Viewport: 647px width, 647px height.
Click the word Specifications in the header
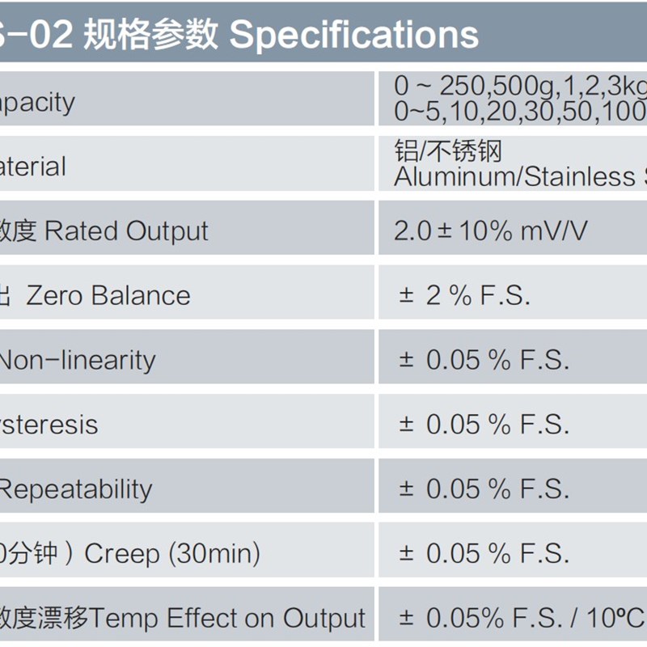pos(354,34)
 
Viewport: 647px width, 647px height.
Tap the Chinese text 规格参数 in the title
pos(151,34)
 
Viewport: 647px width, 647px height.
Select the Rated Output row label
pos(126,231)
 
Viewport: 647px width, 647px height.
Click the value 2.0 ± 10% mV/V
pos(490,231)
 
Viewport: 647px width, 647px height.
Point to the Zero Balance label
pos(108,296)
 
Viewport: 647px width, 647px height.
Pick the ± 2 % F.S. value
pos(464,296)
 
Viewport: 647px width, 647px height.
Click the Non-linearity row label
pos(77,360)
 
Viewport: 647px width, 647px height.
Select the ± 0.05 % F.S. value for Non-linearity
pos(484,360)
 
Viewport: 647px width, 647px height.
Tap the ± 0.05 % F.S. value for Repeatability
pos(484,489)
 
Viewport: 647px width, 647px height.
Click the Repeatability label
pos(77,489)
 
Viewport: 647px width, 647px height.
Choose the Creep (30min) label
pos(172,554)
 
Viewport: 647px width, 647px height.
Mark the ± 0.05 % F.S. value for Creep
pos(484,554)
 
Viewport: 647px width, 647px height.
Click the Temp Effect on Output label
pos(228,619)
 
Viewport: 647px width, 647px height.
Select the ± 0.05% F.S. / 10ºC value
pos(521,619)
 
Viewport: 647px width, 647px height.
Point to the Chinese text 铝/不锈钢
pos(448,151)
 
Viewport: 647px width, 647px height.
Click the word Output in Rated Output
pos(171,231)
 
